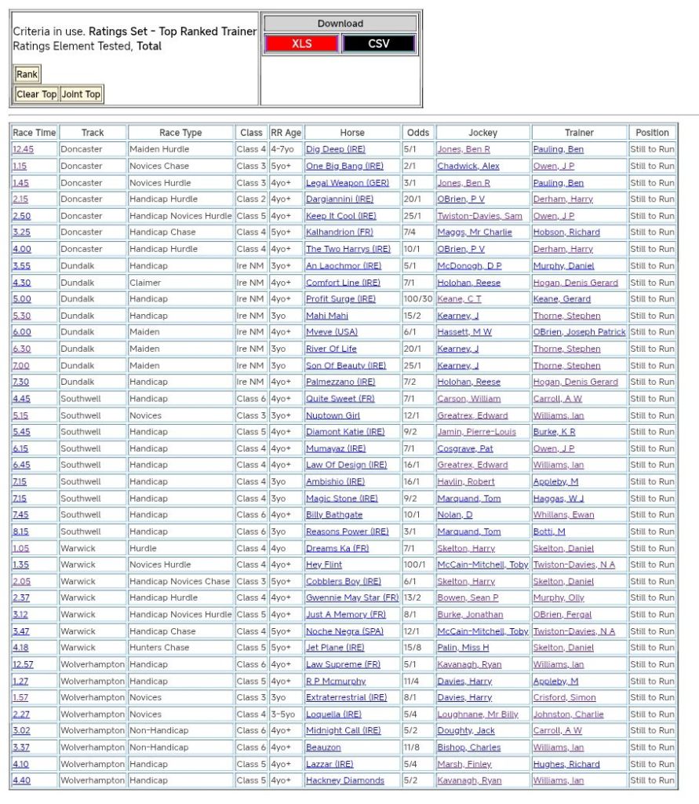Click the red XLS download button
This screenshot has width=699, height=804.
click(301, 44)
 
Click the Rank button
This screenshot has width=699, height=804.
click(27, 75)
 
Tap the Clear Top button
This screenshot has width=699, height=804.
click(37, 94)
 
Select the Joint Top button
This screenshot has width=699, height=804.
click(82, 94)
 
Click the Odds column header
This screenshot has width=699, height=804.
click(418, 133)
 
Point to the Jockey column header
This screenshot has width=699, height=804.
click(482, 133)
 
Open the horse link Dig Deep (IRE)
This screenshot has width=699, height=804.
click(335, 149)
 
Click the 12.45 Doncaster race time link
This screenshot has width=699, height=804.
click(23, 149)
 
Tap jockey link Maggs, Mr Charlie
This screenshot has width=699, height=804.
click(474, 232)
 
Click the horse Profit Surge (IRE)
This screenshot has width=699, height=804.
click(340, 299)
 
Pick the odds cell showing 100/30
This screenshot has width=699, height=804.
click(417, 299)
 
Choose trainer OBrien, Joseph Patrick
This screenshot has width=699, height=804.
click(579, 332)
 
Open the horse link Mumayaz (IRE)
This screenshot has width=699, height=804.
click(336, 448)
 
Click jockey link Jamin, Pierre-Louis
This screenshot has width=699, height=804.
click(476, 432)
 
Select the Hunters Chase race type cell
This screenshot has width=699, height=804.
click(159, 648)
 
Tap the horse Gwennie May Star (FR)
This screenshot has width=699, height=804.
click(351, 598)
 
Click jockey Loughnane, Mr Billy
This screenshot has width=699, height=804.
click(478, 714)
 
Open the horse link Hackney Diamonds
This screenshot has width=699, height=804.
click(344, 780)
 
